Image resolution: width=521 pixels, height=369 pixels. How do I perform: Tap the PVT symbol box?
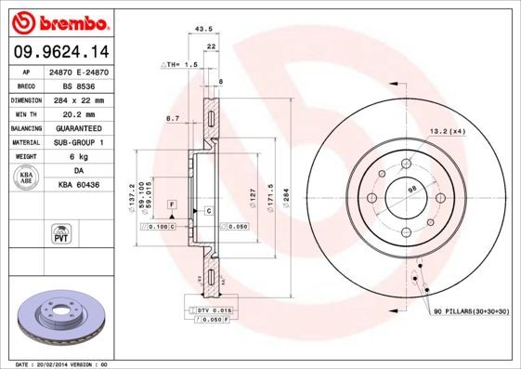click(x=59, y=233)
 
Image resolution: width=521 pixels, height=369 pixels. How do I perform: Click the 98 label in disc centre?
click(x=412, y=190)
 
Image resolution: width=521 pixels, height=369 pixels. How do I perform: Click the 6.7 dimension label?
click(x=172, y=118)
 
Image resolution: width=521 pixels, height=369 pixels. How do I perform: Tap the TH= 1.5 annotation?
click(x=181, y=65)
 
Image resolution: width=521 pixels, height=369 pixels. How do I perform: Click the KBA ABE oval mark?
click(x=27, y=178)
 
